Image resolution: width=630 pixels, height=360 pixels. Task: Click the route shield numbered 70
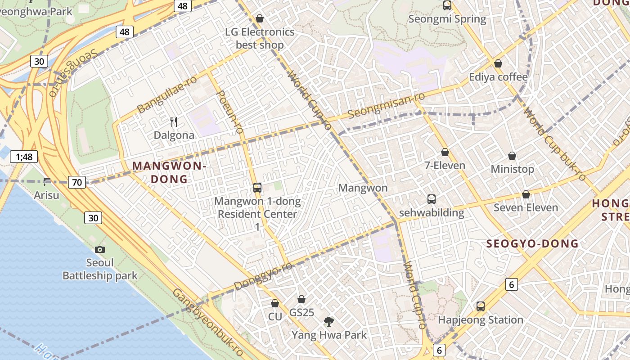(x=77, y=182)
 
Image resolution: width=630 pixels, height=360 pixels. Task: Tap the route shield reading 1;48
(x=24, y=157)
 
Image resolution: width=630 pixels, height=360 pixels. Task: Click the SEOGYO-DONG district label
(x=532, y=244)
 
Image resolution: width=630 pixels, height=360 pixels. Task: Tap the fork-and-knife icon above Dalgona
(x=174, y=121)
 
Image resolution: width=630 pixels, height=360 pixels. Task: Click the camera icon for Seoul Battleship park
(x=100, y=249)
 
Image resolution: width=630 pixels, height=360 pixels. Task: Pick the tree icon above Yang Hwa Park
(x=329, y=321)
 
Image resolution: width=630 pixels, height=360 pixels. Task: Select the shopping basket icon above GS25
(x=301, y=299)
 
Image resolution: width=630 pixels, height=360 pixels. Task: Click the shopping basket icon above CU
(x=274, y=303)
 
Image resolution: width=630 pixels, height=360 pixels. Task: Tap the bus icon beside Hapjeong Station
(x=481, y=306)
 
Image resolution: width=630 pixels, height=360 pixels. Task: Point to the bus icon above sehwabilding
(x=431, y=199)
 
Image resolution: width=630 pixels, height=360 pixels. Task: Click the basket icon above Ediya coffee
(x=498, y=63)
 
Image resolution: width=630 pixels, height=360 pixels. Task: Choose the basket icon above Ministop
(x=512, y=156)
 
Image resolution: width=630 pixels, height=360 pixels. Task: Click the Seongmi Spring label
(x=447, y=19)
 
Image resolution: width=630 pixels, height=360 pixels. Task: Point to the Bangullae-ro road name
(x=167, y=95)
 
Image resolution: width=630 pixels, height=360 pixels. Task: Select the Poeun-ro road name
(x=230, y=111)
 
